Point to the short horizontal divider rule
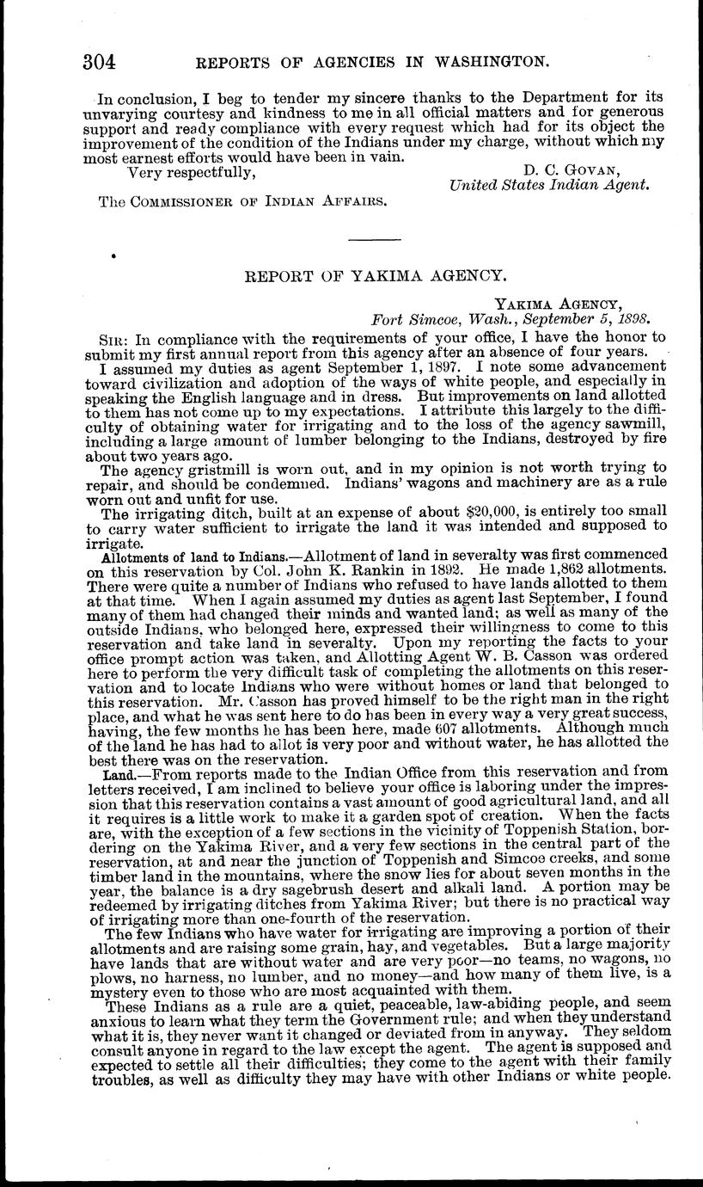pyautogui.click(x=375, y=237)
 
